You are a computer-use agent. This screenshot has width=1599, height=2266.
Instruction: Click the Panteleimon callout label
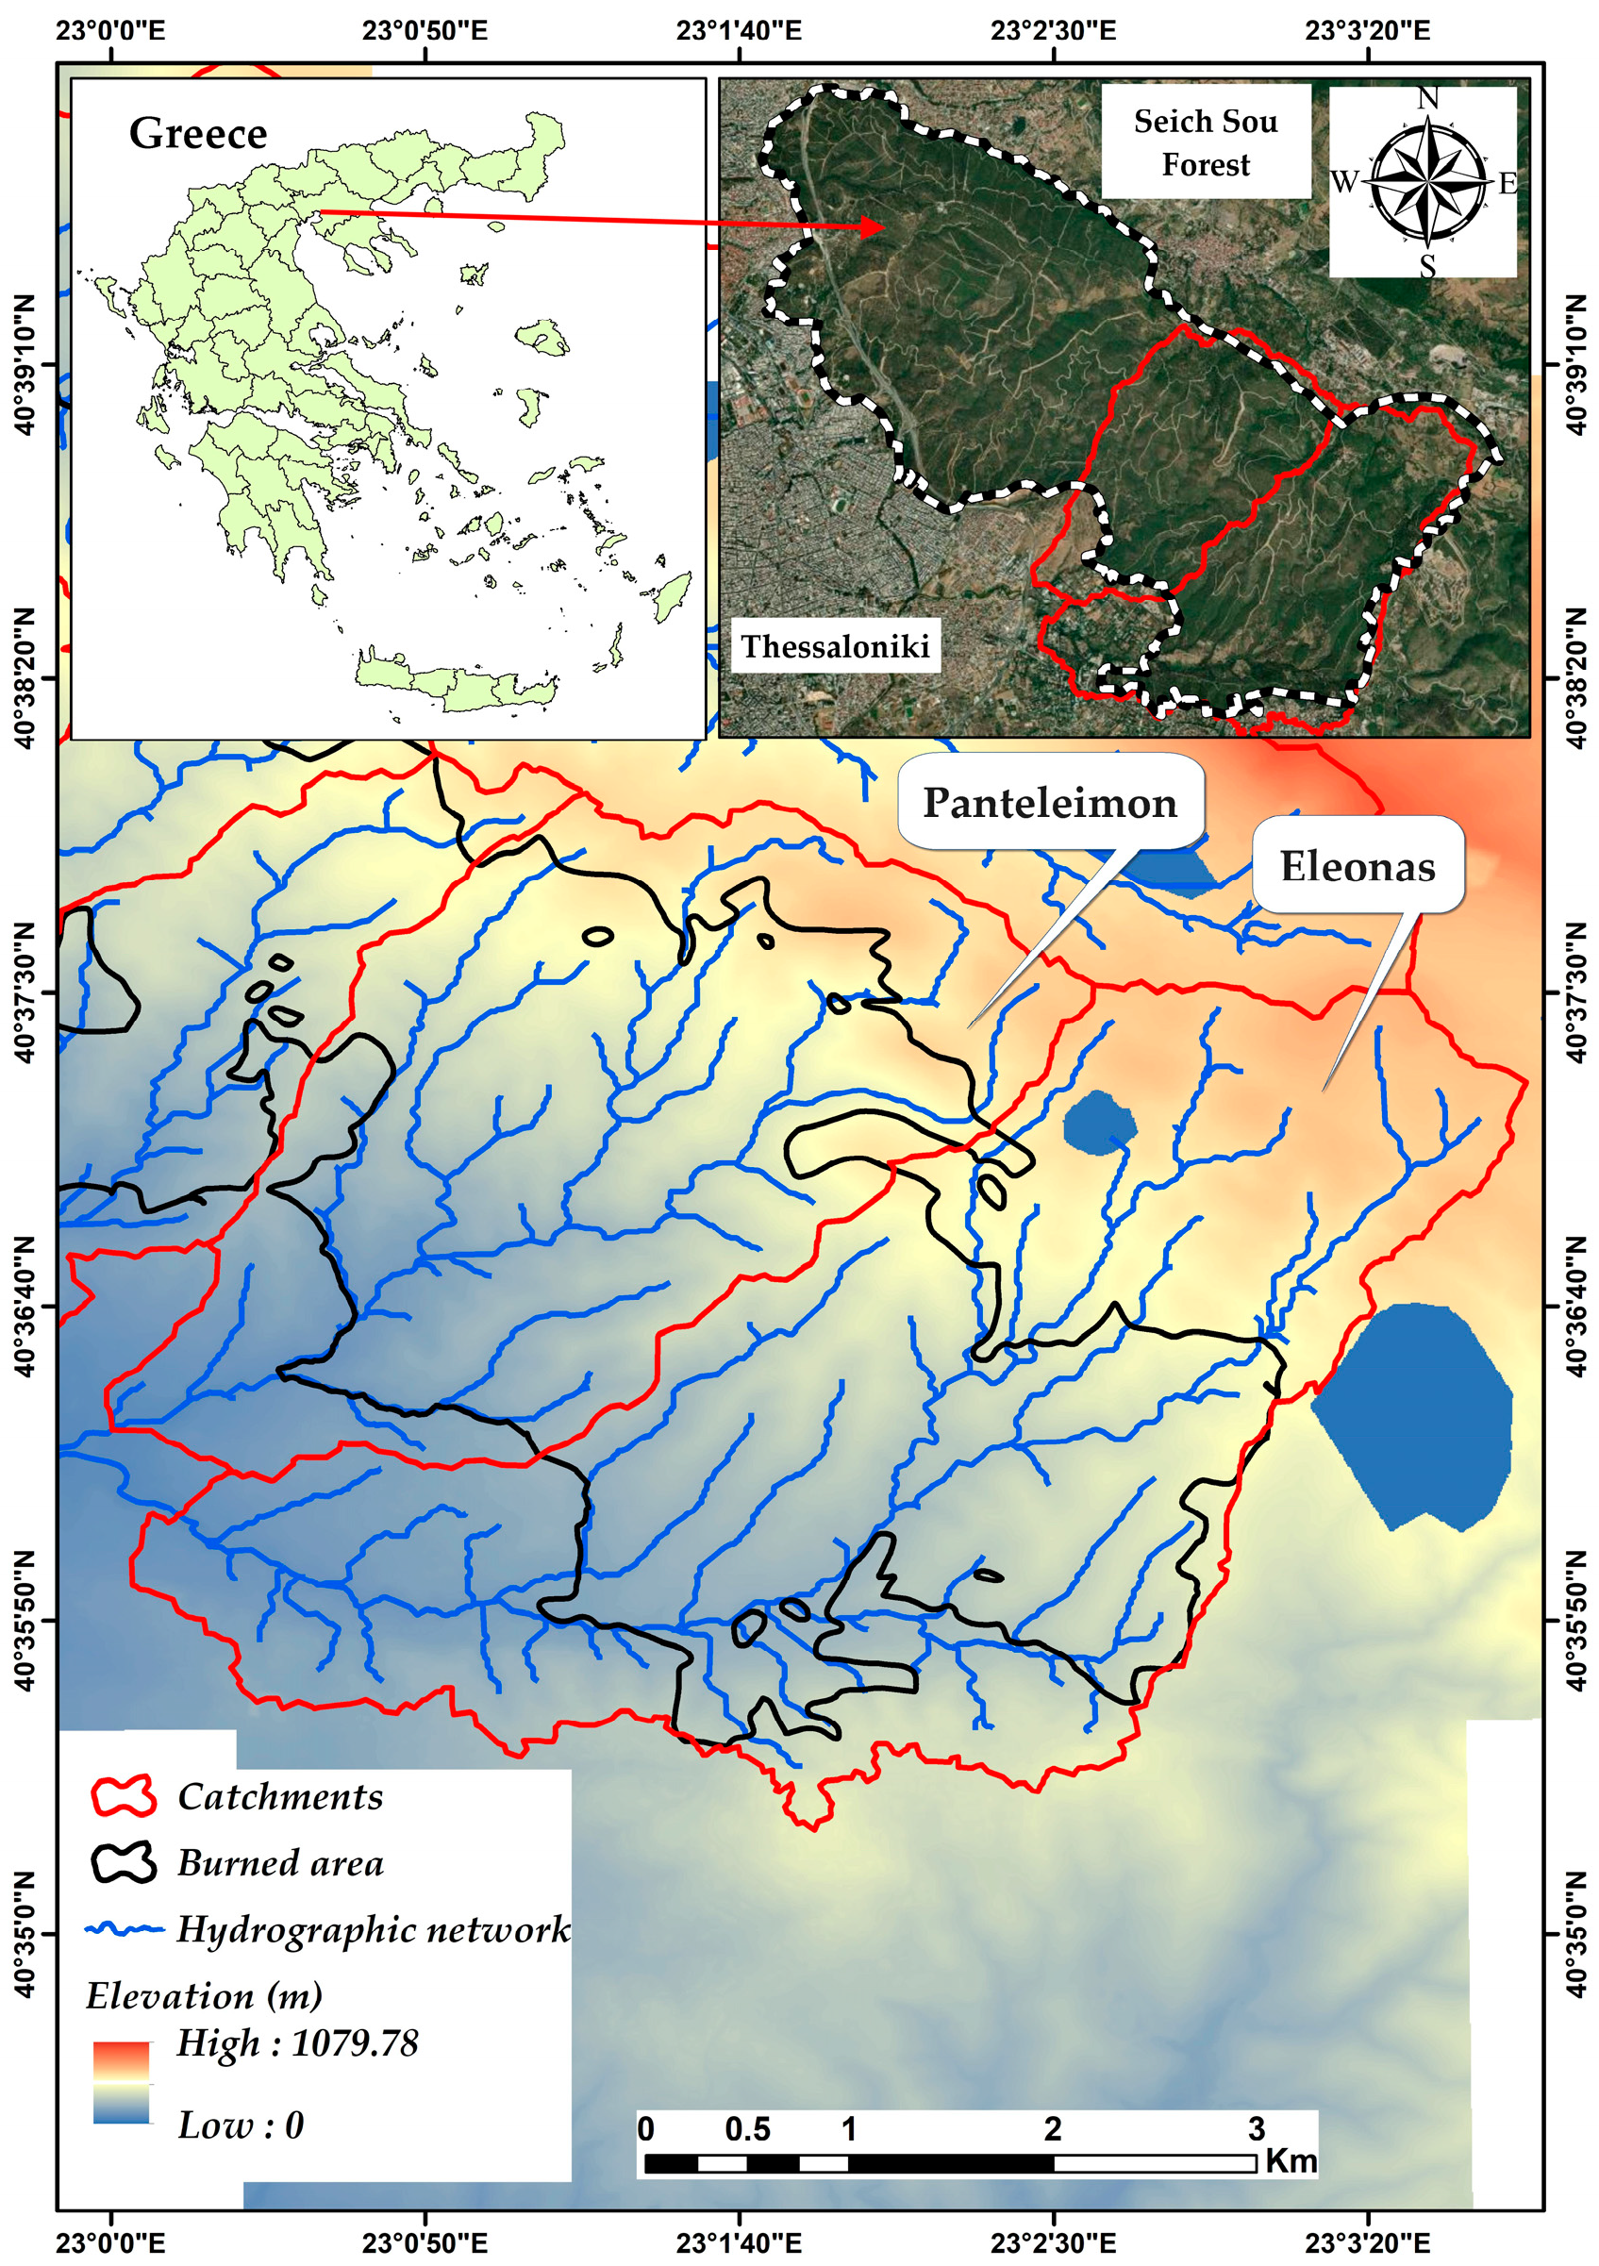pyautogui.click(x=1049, y=803)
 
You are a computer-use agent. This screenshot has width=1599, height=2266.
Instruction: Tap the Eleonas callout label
pyautogui.click(x=1357, y=865)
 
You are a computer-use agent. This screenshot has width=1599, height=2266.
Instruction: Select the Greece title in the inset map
pyautogui.click(x=197, y=133)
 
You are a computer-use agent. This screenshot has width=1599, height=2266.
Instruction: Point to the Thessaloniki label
pyautogui.click(x=835, y=646)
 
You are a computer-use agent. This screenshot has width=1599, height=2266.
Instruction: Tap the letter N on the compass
pyautogui.click(x=1427, y=99)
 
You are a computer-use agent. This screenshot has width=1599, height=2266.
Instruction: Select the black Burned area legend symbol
pyautogui.click(x=124, y=1863)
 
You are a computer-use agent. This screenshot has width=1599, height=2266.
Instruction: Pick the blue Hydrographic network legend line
pyautogui.click(x=124, y=1929)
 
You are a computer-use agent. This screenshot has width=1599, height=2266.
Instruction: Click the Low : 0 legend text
pyautogui.click(x=240, y=2124)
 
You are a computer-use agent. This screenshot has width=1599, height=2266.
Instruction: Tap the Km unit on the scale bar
pyautogui.click(x=1291, y=2160)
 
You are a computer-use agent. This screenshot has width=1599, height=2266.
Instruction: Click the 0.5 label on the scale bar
pyautogui.click(x=747, y=2129)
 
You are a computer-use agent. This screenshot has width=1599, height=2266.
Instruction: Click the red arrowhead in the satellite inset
pyautogui.click(x=873, y=228)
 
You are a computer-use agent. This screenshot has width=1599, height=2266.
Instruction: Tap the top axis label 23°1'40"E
pyautogui.click(x=739, y=30)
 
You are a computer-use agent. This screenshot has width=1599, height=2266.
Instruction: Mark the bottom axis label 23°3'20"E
pyautogui.click(x=1367, y=2242)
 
